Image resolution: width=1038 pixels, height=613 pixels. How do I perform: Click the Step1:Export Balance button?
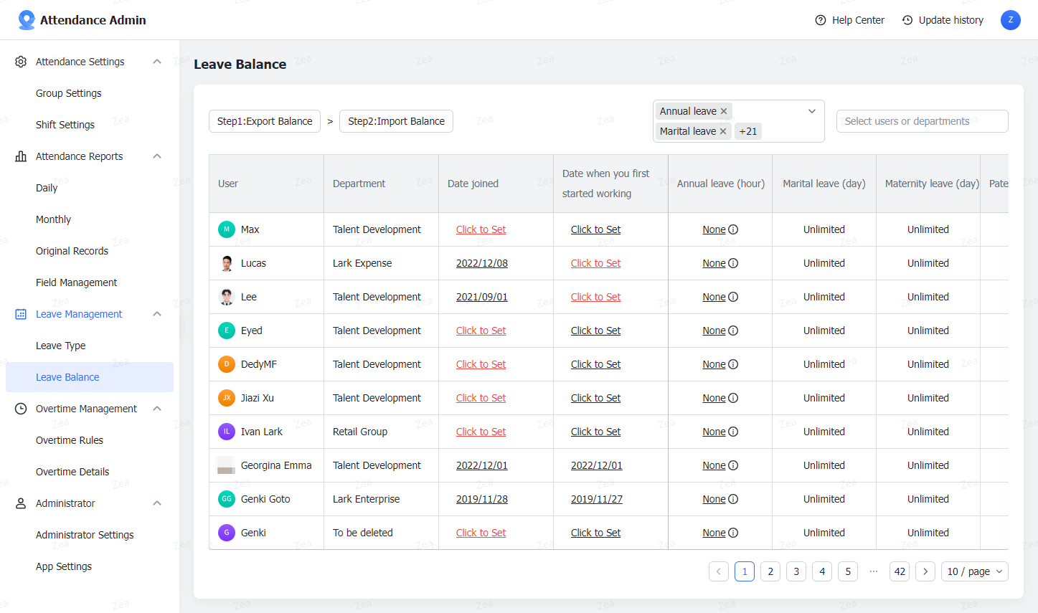[265, 121]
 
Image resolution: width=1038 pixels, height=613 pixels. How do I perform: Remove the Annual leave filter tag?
[724, 111]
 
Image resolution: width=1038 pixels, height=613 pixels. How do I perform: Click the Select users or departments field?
[922, 121]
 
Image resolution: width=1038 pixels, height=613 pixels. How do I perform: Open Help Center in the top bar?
[850, 20]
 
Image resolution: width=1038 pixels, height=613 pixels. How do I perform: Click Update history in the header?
[943, 20]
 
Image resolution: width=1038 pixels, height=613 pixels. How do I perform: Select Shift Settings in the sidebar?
[65, 125]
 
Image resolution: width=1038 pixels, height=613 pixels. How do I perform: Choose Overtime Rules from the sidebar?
[70, 440]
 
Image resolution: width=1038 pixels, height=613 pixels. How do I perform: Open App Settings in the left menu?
[64, 566]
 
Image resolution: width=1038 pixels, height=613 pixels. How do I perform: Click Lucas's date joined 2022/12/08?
[482, 263]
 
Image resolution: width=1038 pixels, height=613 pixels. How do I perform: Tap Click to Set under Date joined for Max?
[481, 229]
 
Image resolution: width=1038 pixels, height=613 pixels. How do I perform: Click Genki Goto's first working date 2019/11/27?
[597, 499]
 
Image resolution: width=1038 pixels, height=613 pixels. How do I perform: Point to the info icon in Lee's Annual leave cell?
[733, 297]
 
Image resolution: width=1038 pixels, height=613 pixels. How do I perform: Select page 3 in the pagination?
[796, 571]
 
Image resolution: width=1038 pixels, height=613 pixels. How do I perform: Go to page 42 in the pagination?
[900, 571]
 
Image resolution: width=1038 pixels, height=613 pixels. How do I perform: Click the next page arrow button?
[925, 571]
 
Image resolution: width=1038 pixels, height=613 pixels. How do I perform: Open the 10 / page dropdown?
[974, 571]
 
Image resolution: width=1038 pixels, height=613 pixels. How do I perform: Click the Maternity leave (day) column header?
[932, 184]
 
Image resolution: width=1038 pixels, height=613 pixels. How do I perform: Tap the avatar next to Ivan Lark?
[227, 432]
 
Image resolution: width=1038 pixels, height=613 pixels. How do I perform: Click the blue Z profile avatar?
[1011, 20]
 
